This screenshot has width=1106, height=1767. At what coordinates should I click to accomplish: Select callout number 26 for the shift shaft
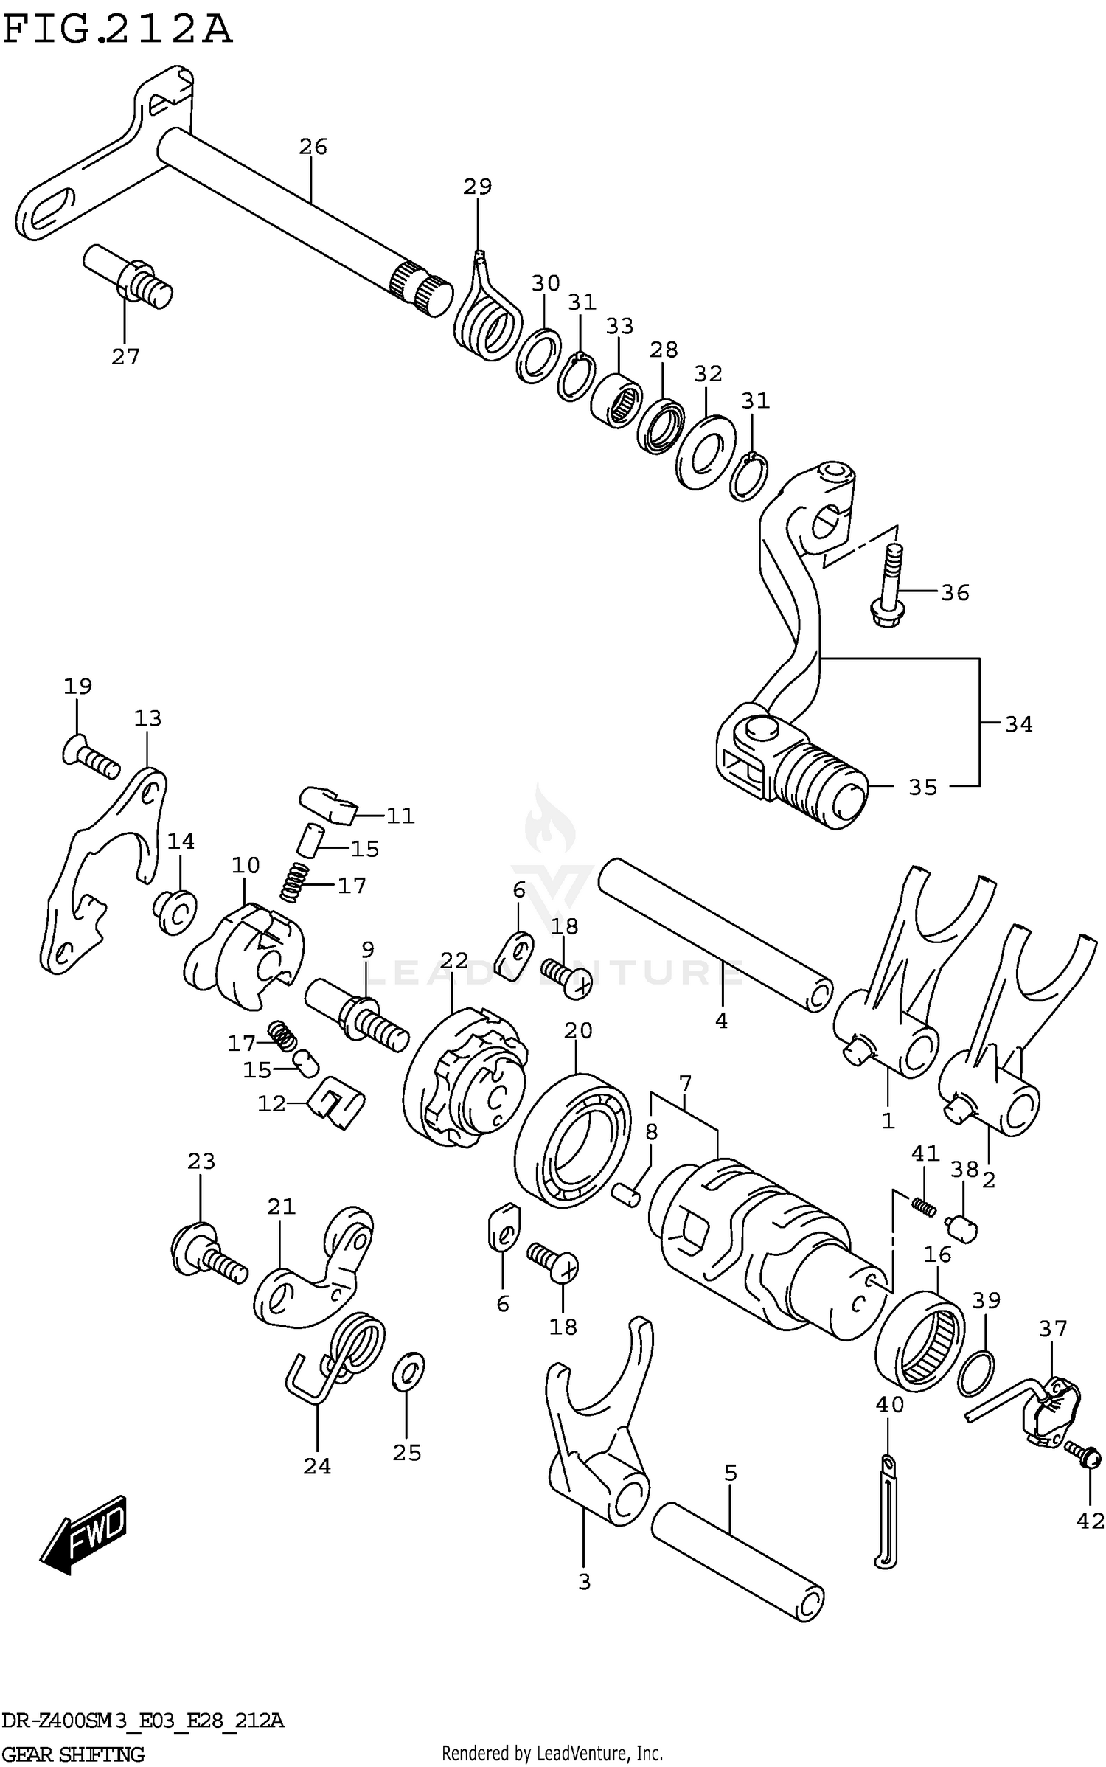click(313, 147)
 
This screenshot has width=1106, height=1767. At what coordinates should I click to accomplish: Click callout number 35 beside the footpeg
click(922, 788)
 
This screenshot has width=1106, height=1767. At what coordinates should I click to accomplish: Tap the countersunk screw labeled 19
click(90, 759)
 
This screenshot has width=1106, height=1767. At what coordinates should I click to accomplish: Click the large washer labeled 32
click(705, 451)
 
